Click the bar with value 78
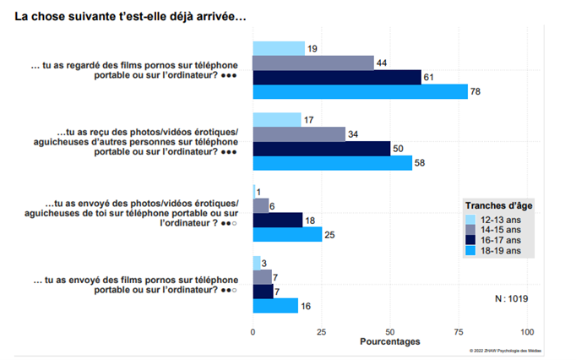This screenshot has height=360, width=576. (x=360, y=91)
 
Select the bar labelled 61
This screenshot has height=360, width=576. (x=337, y=77)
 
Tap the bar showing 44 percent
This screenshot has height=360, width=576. (x=313, y=63)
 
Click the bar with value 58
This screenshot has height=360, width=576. (x=333, y=163)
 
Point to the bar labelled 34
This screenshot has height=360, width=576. (x=299, y=134)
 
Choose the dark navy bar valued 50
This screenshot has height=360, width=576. (x=322, y=149)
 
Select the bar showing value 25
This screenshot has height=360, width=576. (x=287, y=234)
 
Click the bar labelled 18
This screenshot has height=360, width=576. (x=278, y=220)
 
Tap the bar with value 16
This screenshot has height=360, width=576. (x=275, y=306)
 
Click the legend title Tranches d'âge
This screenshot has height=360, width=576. (x=499, y=205)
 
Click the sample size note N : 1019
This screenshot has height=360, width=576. (x=511, y=297)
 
